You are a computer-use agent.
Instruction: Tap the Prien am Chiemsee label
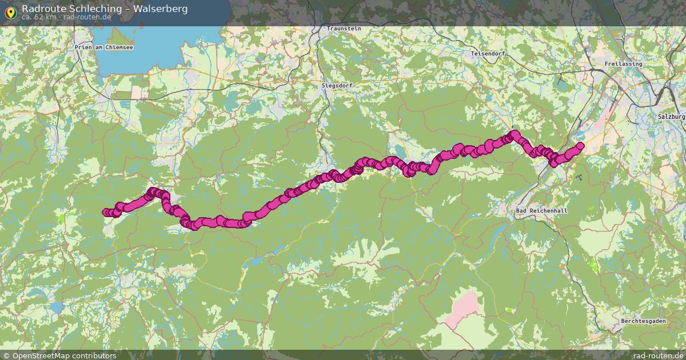(x=103, y=47)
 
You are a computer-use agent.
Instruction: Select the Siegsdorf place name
(x=337, y=85)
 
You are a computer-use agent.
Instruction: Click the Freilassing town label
(x=623, y=64)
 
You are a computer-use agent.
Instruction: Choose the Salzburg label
(x=671, y=117)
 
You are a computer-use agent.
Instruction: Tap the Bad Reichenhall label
(x=541, y=211)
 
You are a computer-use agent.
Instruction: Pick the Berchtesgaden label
(x=643, y=321)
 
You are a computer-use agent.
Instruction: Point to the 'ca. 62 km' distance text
(x=39, y=17)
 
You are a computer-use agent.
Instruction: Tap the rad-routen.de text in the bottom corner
(x=657, y=355)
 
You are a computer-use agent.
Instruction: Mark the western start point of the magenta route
(x=106, y=213)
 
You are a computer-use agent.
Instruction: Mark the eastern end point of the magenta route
(x=580, y=146)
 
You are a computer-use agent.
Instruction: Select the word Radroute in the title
(x=43, y=9)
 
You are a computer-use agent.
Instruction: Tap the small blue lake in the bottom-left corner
(x=56, y=307)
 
